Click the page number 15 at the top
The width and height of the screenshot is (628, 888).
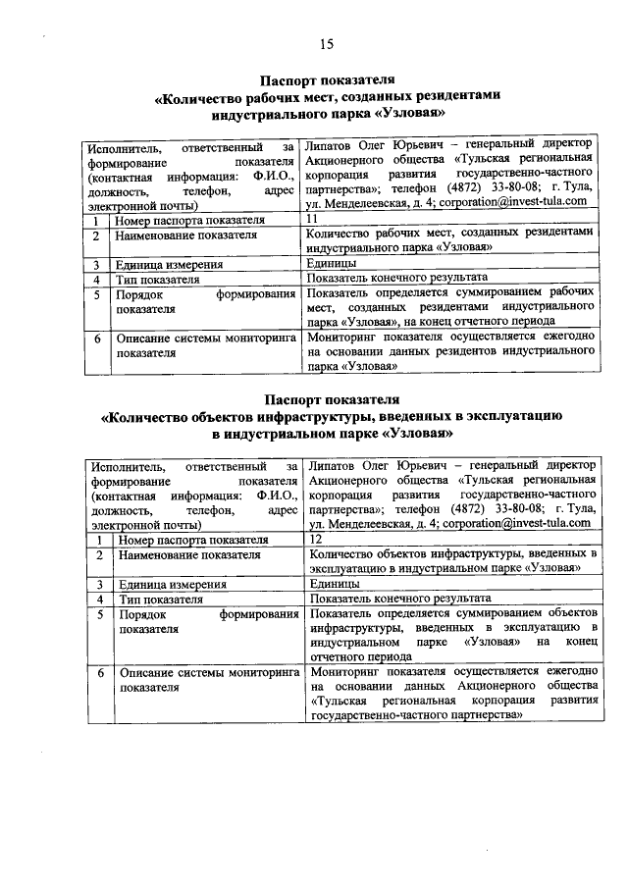pos(327,43)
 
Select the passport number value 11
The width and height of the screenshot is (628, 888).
pos(313,219)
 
